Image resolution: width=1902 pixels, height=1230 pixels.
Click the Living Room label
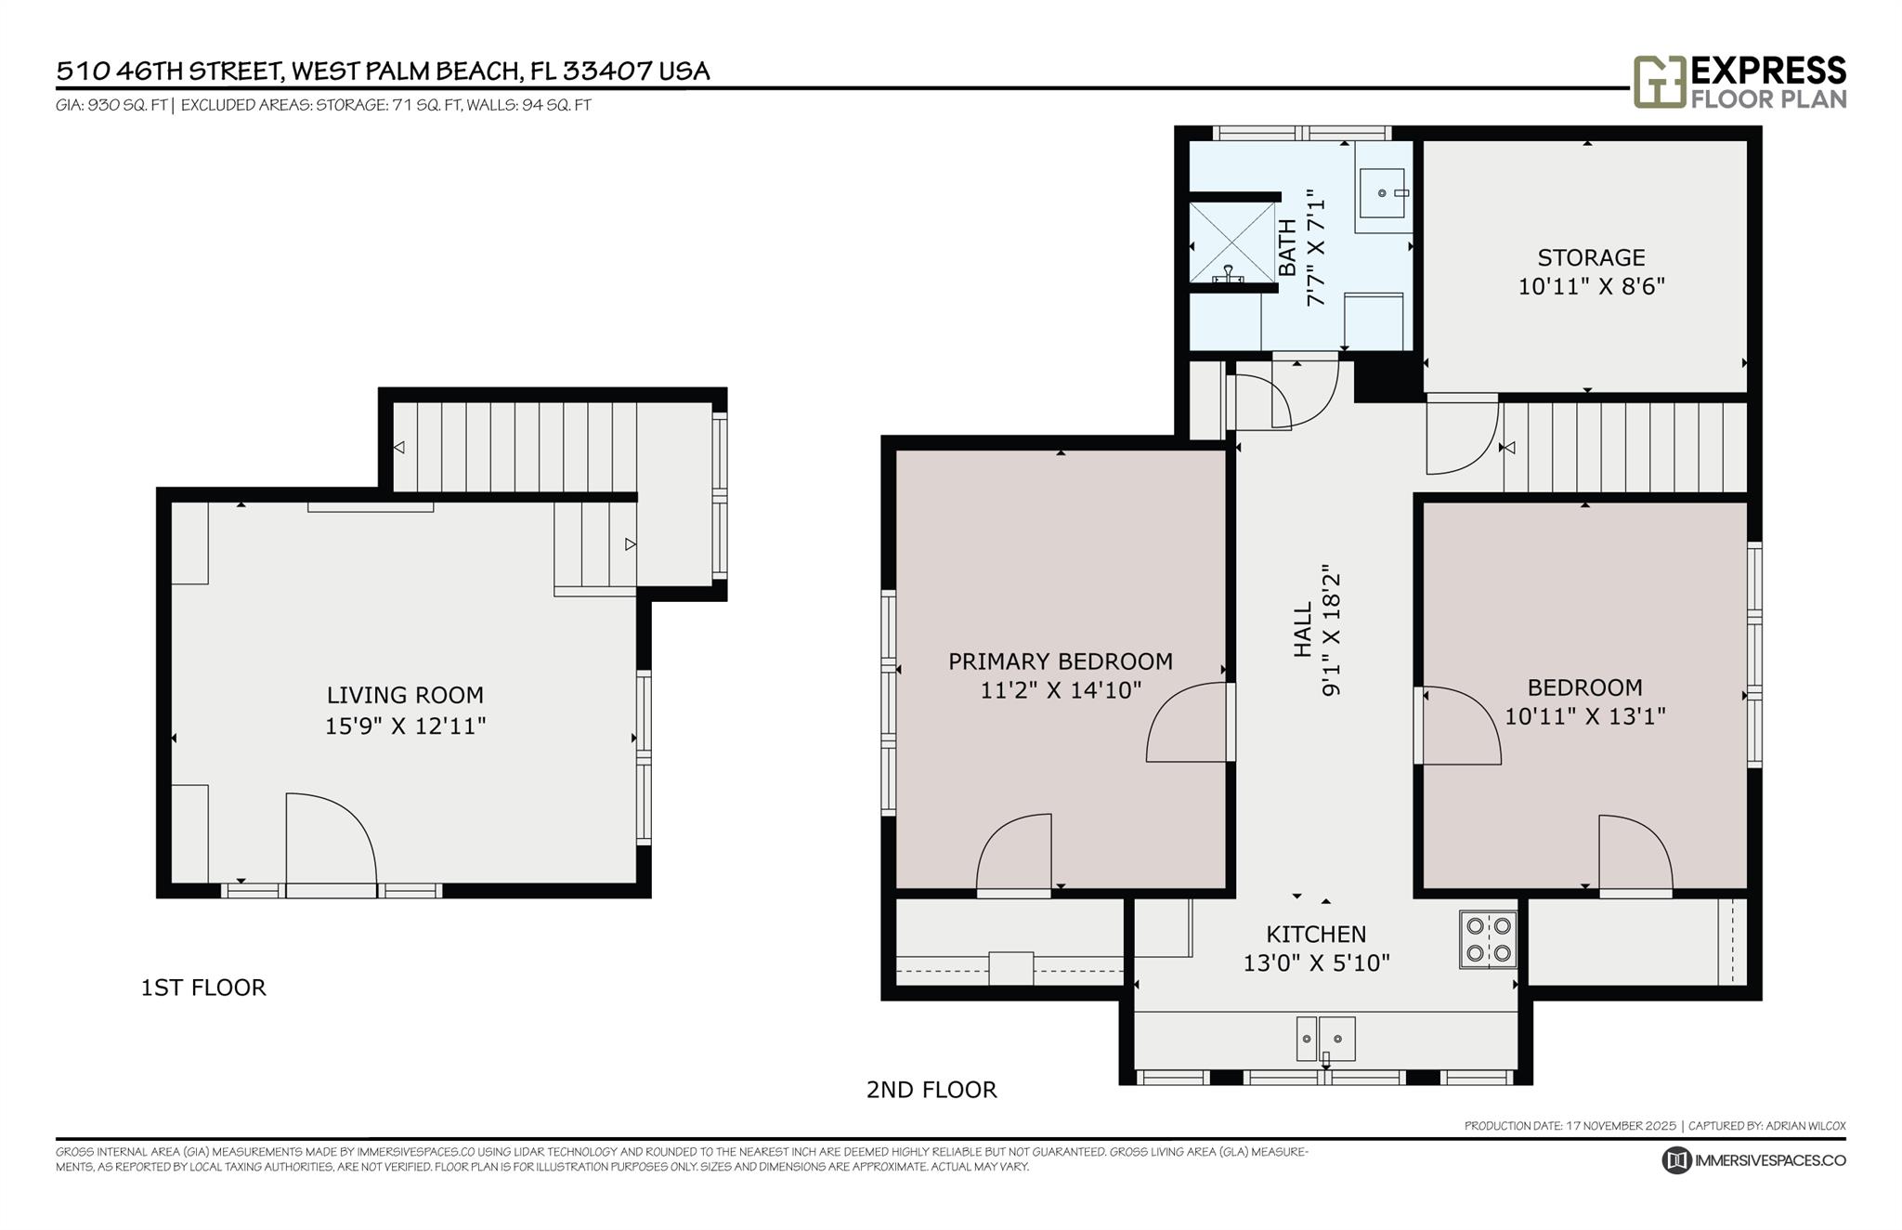(405, 695)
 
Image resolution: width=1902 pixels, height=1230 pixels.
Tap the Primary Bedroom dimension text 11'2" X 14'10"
(1061, 690)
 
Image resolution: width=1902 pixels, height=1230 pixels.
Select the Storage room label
(1591, 257)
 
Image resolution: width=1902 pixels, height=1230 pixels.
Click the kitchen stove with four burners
(1488, 939)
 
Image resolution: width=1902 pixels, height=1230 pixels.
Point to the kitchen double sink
(1325, 1039)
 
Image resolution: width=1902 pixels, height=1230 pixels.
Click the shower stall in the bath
(1233, 242)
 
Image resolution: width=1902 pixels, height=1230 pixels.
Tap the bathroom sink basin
(1383, 192)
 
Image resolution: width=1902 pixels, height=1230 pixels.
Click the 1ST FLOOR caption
(203, 988)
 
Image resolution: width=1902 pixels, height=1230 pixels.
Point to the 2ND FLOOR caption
(931, 1090)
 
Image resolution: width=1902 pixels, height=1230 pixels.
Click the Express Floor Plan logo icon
(1659, 82)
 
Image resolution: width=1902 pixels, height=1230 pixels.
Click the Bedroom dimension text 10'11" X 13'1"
(1585, 716)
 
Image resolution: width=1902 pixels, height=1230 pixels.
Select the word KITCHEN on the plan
(1316, 934)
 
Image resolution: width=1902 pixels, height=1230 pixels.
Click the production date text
(1570, 1126)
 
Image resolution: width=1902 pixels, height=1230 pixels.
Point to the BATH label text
(1287, 247)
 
